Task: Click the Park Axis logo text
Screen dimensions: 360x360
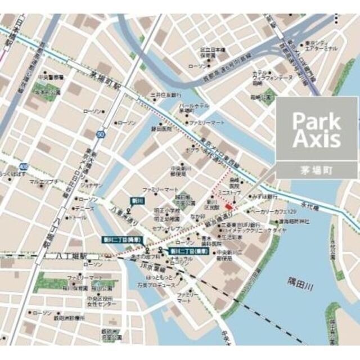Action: pos(316,130)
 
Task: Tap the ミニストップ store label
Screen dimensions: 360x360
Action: pos(231,192)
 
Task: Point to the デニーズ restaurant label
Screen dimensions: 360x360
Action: pos(85,208)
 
